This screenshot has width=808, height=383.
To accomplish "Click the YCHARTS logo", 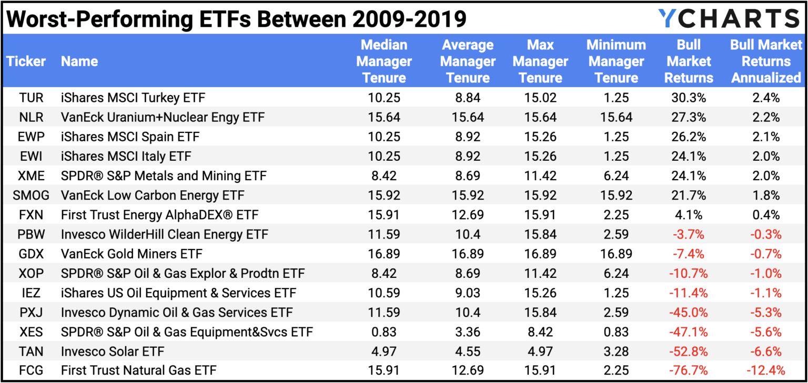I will pos(729,18).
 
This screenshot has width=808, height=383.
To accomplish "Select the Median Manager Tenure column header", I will pos(384,61).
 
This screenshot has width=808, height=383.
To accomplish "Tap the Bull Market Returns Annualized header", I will pos(766,61).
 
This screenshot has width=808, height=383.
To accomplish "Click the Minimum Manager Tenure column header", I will pos(616,61).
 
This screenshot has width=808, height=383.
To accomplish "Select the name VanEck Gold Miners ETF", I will pos(125,254).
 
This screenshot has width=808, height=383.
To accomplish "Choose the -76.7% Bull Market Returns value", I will pos(689,370).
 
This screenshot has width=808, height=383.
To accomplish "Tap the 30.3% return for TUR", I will pos(689,98).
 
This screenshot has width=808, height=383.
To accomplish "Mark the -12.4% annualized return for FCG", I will pos(766,370).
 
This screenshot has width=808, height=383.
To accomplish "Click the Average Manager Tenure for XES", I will pos(468,332).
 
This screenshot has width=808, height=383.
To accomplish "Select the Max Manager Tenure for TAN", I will pos(540,351).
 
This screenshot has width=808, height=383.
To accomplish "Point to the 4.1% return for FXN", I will pos(689,215).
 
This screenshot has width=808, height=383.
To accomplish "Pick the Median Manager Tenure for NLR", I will pos(385,117).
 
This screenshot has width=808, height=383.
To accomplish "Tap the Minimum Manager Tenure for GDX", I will pos(616,254).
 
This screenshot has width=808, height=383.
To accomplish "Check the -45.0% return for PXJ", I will pos(689,312).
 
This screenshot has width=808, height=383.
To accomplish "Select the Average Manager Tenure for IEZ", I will pos(468,293).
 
